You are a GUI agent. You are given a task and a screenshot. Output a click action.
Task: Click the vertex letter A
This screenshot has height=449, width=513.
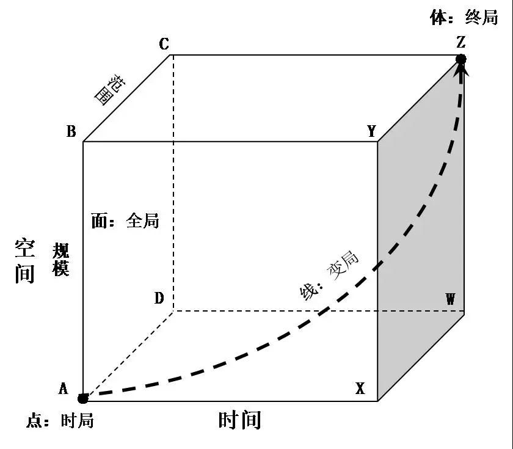[x=63, y=389]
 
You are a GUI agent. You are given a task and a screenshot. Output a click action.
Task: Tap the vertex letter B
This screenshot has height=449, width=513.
[x=71, y=131]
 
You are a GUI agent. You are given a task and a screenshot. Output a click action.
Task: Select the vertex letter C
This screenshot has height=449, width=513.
[x=164, y=44]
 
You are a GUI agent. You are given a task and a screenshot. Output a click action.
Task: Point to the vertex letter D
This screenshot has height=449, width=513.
[x=159, y=299]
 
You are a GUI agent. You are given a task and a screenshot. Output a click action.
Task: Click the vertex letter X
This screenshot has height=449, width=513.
[x=360, y=389]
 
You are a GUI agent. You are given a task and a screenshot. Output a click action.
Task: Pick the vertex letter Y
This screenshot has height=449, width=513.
[x=371, y=131]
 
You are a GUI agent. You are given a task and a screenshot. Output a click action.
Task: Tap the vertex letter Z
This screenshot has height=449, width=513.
[x=461, y=42]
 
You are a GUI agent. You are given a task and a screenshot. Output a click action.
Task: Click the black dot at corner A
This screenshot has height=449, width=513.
[x=83, y=399]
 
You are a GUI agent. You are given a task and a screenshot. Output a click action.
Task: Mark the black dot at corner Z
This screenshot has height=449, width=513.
[x=461, y=59]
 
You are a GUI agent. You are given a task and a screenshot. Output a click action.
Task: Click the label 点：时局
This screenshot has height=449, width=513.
[x=60, y=421]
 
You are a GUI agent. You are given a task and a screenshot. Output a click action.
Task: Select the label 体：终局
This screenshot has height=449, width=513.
[x=464, y=18]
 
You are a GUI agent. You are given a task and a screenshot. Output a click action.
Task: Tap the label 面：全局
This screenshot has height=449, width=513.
[x=125, y=221]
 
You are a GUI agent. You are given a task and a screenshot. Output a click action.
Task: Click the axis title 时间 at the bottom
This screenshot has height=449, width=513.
[x=239, y=420]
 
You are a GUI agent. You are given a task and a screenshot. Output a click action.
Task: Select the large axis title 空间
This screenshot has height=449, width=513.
[x=25, y=261]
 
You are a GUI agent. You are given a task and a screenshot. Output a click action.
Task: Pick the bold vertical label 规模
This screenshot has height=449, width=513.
[x=60, y=260]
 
